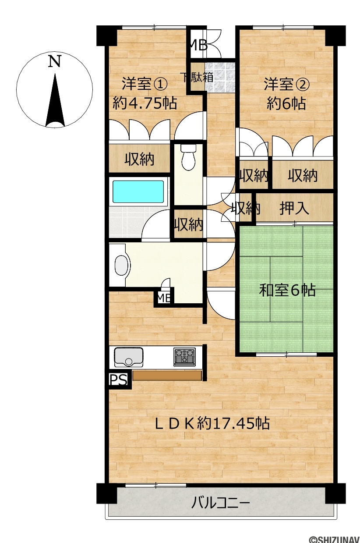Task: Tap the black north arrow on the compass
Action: (x=55, y=102)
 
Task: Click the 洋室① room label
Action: (x=145, y=84)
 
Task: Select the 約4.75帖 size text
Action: (x=145, y=103)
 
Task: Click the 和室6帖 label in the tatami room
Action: (x=287, y=290)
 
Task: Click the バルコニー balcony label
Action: (x=220, y=496)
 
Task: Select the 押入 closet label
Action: (x=294, y=208)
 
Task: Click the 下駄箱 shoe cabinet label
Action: (x=198, y=77)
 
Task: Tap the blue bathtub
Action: (x=138, y=192)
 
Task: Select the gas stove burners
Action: (x=184, y=357)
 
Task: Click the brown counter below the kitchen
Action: (x=167, y=375)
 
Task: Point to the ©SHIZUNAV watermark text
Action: (x=334, y=539)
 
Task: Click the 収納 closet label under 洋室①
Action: (x=139, y=159)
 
